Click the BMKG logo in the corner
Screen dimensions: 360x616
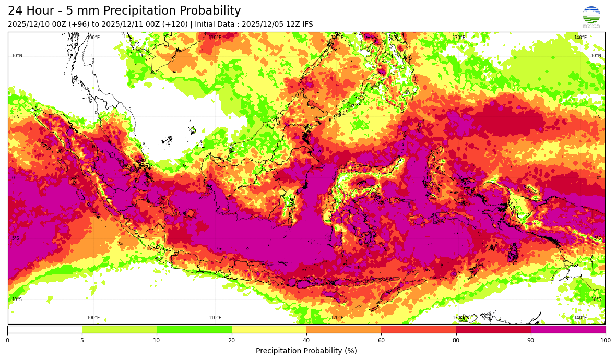591,17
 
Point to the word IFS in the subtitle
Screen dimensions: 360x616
307,25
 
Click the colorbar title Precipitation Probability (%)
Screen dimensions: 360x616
306,351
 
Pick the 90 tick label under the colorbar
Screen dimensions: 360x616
531,340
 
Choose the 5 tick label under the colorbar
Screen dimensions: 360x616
82,340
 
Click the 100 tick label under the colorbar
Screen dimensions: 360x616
605,340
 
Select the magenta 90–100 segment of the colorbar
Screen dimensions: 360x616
568,329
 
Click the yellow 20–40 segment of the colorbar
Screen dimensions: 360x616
269,329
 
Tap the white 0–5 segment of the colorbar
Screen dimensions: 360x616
45,329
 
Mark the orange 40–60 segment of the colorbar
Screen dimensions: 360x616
343,329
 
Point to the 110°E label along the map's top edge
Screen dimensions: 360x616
215,38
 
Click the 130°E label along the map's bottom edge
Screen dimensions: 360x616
458,318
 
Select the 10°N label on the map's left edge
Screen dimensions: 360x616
17,56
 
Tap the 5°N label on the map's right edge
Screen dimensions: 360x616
597,117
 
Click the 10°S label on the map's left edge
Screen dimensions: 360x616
17,299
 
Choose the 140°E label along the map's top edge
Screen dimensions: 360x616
580,38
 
